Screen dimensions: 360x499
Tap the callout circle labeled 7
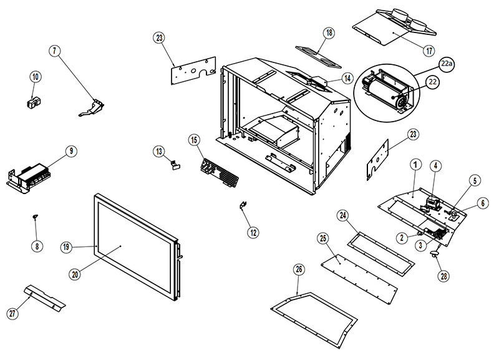click(56, 51)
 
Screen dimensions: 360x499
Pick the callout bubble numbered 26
click(299, 270)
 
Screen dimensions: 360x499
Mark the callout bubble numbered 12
click(253, 232)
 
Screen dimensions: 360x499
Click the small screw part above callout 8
click(36, 216)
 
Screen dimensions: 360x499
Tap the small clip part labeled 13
click(173, 165)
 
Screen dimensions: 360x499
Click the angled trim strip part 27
click(45, 298)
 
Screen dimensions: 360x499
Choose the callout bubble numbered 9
click(71, 150)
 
